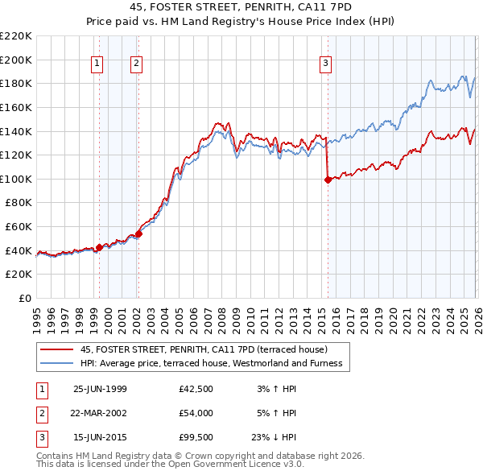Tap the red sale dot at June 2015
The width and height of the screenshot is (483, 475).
[x=328, y=180]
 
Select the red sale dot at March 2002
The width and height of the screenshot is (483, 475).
[x=138, y=234]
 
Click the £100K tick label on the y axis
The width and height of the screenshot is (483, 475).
[x=16, y=179]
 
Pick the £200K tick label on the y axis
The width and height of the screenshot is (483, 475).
[x=16, y=60]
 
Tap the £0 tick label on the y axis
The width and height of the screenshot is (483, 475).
[x=24, y=299]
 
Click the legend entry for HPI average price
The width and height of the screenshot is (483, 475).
[x=211, y=363]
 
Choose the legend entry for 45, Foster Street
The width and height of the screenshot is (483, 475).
[x=204, y=349]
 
